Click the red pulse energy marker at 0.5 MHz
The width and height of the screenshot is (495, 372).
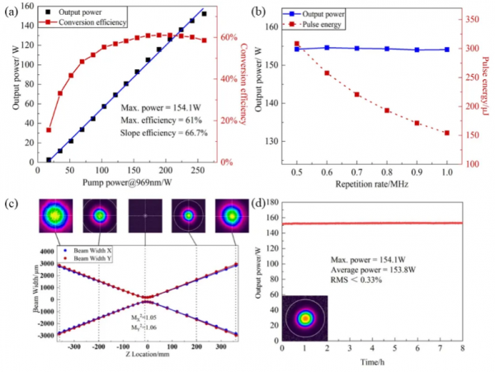tap(297, 44)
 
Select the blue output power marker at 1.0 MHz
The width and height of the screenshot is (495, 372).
tap(446, 49)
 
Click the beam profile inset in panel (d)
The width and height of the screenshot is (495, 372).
tap(304, 318)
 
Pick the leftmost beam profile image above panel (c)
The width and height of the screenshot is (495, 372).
tap(54, 216)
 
